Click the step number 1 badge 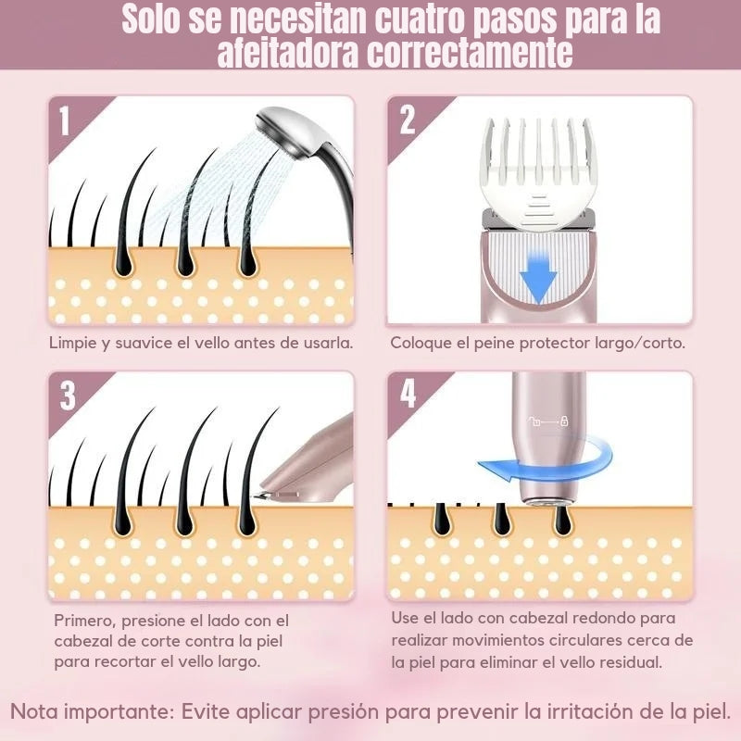coord(64,121)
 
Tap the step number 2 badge coord(407,121)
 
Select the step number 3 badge coord(68,396)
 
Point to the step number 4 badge coord(408,394)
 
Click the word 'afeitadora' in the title coord(287,53)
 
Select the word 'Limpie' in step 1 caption coord(73,343)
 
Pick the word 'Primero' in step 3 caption coord(83,621)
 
